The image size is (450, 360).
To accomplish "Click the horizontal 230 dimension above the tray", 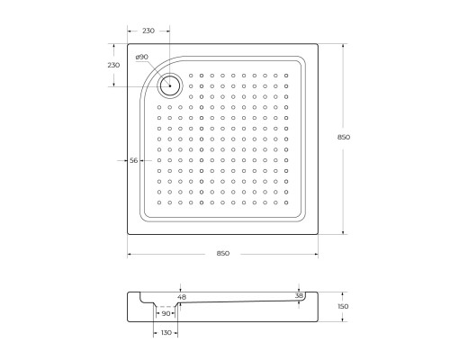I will pos(148,31).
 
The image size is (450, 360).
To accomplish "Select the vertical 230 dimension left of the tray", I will pos(113,65).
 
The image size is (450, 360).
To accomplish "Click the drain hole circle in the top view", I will pos(169,86).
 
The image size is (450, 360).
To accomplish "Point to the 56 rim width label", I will pos(134,159).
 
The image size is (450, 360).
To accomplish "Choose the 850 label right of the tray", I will pos(344,137).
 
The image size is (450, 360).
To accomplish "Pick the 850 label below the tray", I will pos(223,253).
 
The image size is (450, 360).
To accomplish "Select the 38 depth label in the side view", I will pos(299,295).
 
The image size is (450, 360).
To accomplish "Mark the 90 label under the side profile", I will pos(165,314).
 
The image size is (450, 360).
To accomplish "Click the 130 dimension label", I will pos(165,333).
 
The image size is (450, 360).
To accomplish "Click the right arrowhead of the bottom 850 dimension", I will pos(318,253).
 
